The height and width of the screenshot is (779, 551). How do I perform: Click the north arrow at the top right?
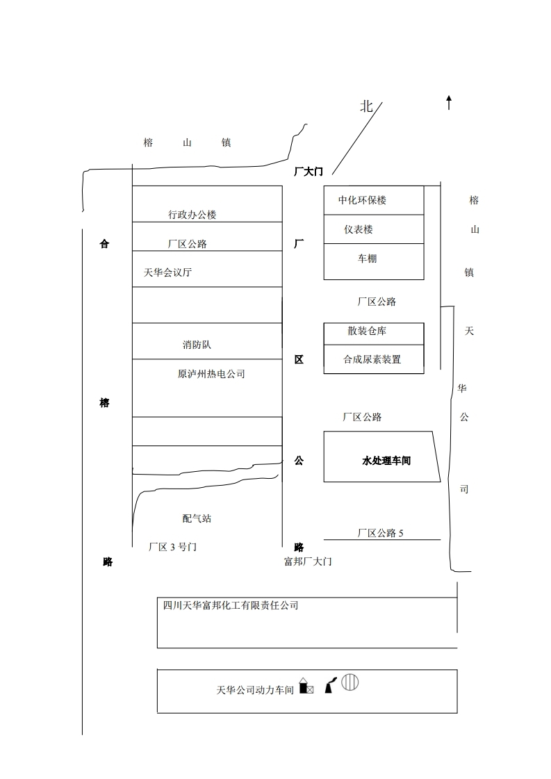point(449,103)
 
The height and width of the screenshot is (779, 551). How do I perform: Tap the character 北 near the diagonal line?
point(367,106)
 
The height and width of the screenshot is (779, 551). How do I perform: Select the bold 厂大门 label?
point(308,172)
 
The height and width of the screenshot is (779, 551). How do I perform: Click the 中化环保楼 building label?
point(362,200)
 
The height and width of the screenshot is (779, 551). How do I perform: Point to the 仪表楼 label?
point(359,229)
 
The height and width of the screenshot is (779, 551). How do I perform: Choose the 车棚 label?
point(368,259)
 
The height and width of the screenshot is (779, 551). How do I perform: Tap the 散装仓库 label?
point(367,331)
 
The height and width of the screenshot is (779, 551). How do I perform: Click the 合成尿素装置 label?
point(372,359)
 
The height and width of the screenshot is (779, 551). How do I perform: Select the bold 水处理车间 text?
point(386,460)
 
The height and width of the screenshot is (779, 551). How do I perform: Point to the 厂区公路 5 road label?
point(380,533)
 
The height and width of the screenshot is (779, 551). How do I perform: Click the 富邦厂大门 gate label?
point(308,561)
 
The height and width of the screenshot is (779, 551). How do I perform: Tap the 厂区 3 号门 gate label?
point(173,547)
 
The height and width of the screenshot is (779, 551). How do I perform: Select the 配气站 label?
point(197,518)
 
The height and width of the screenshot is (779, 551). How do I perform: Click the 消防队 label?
point(197,345)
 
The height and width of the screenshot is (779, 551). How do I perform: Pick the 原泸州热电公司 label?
point(211,374)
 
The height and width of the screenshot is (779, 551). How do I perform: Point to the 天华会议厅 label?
point(167,272)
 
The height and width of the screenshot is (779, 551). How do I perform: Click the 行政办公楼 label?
point(192,215)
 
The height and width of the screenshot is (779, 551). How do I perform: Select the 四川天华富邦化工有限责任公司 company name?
point(231,605)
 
